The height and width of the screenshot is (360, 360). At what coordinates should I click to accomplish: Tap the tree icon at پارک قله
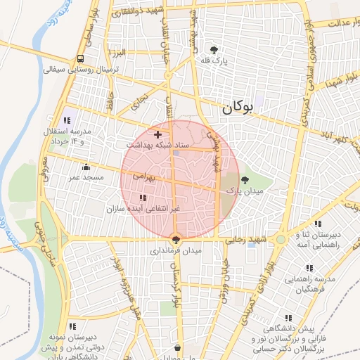coord(214,49)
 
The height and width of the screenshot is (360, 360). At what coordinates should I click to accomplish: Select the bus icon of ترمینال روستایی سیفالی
coord(82,58)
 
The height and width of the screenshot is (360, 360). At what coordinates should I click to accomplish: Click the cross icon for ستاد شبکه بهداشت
coord(157,134)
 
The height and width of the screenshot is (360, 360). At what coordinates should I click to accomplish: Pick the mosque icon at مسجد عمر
coord(86,167)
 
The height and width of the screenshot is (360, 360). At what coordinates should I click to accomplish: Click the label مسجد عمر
coord(86,178)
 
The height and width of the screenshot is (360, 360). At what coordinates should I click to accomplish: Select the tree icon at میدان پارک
coord(245,180)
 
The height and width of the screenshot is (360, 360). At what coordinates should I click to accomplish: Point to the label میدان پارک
coord(243,191)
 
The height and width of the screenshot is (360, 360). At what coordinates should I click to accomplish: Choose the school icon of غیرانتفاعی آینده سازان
coord(143,198)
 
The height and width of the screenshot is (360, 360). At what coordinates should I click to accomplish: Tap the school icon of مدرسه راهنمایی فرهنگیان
coord(309,268)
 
